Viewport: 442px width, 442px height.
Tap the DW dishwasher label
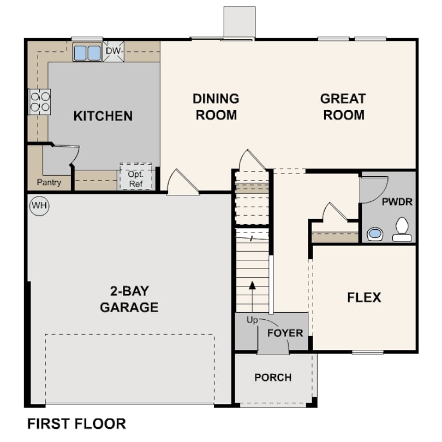(113, 51)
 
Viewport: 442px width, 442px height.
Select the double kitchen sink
(87, 53)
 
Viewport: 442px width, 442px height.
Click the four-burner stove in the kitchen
(39, 101)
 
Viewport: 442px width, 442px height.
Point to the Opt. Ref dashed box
(135, 177)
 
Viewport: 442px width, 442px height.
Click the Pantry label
(49, 183)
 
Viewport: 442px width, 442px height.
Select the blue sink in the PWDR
(375, 234)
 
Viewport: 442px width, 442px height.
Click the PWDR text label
(397, 202)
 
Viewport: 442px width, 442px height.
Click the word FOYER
(285, 333)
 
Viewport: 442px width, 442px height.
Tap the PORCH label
(273, 377)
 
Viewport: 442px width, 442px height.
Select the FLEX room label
(364, 297)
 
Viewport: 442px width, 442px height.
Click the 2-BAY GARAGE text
(129, 299)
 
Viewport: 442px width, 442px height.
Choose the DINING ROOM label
(216, 106)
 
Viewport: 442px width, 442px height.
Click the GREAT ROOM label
(343, 106)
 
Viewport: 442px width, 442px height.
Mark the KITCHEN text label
(103, 116)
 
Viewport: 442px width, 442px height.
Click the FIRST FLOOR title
(76, 423)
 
